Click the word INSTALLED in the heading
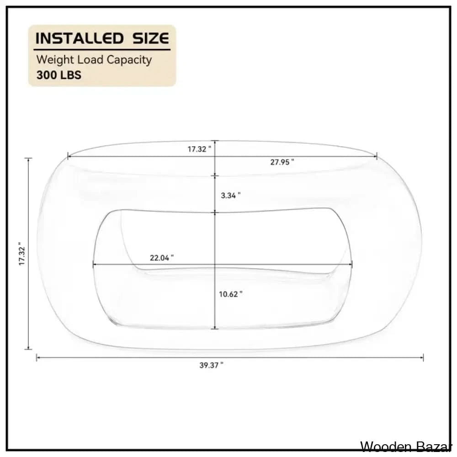point(80,38)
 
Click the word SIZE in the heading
point(151,38)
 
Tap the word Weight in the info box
point(55,60)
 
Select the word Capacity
point(129,60)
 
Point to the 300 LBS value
point(59,75)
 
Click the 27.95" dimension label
point(282,162)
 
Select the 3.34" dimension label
point(230,195)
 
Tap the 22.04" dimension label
point(162,258)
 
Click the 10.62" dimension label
point(230,294)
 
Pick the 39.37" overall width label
point(211,365)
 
